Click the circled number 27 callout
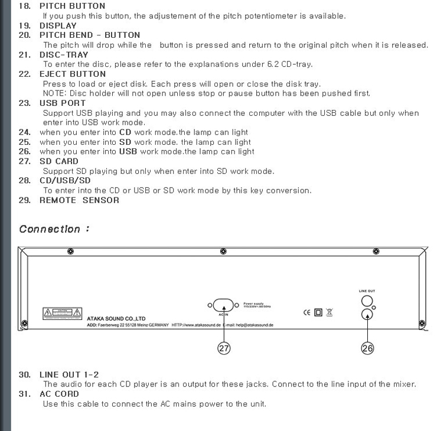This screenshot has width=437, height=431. [224, 348]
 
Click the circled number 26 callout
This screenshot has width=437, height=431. [367, 348]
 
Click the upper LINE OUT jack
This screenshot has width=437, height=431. [367, 300]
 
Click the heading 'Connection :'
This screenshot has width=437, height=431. [54, 229]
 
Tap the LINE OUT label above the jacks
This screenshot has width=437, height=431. [367, 291]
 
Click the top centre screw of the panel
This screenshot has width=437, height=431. [223, 251]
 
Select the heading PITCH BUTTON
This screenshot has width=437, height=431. [73, 6]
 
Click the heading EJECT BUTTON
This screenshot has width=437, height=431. [73, 74]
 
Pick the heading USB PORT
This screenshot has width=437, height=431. [63, 103]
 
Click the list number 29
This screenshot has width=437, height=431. [24, 200]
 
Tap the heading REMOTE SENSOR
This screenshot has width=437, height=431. [79, 200]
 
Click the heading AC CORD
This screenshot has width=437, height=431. [59, 393]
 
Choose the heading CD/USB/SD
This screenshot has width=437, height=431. [65, 180]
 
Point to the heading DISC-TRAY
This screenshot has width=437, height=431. [65, 54]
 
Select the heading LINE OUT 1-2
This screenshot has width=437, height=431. [69, 374]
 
